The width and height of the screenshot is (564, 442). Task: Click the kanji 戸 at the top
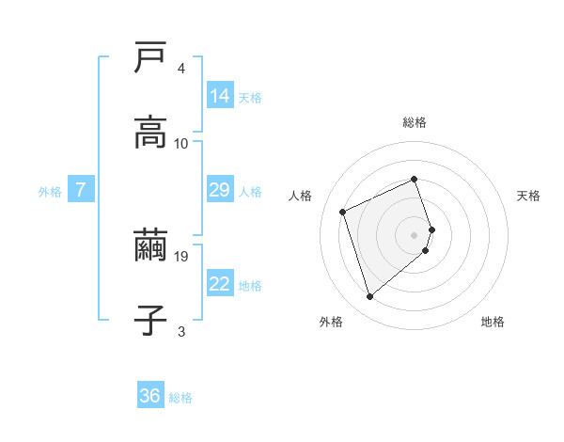150,58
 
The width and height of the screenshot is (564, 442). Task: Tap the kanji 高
150,133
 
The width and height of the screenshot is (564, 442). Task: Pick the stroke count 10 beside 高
182,143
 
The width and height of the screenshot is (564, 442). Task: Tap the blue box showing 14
220,96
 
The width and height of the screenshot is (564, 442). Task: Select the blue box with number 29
220,190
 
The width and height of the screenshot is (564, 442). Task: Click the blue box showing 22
220,284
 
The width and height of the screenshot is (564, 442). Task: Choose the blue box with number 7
81,190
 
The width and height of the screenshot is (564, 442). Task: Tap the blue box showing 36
150,396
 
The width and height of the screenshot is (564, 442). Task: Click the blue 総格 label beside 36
180,398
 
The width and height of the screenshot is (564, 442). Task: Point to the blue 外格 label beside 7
50,192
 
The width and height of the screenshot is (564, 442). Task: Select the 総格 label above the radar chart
415,122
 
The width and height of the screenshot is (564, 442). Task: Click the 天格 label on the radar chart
529,196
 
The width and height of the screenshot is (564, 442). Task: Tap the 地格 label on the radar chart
493,323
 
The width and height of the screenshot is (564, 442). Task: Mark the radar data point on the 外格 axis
369,296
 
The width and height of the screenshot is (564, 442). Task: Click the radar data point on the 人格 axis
343,211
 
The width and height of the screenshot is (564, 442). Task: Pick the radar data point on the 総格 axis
415,179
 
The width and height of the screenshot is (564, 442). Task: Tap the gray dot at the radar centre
415,234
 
